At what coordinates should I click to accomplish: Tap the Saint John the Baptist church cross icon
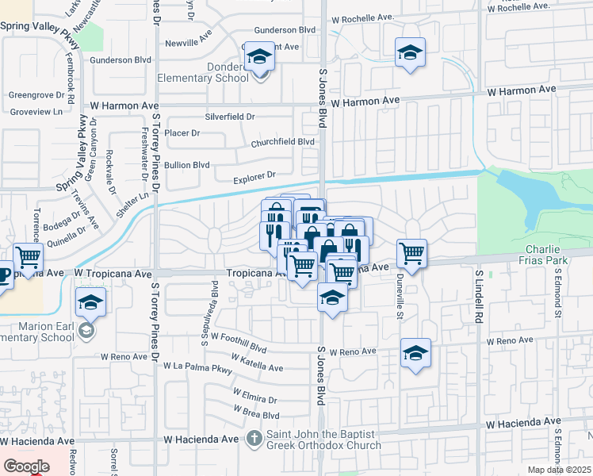(x=254, y=437)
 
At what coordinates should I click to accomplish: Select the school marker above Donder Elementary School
(x=258, y=58)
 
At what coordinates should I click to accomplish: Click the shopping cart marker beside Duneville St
(x=412, y=255)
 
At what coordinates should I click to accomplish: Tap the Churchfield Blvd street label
(x=283, y=143)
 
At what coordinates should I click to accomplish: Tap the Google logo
(x=26, y=466)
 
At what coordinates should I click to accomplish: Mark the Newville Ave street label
(x=187, y=43)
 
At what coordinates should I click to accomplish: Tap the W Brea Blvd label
(x=256, y=413)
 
